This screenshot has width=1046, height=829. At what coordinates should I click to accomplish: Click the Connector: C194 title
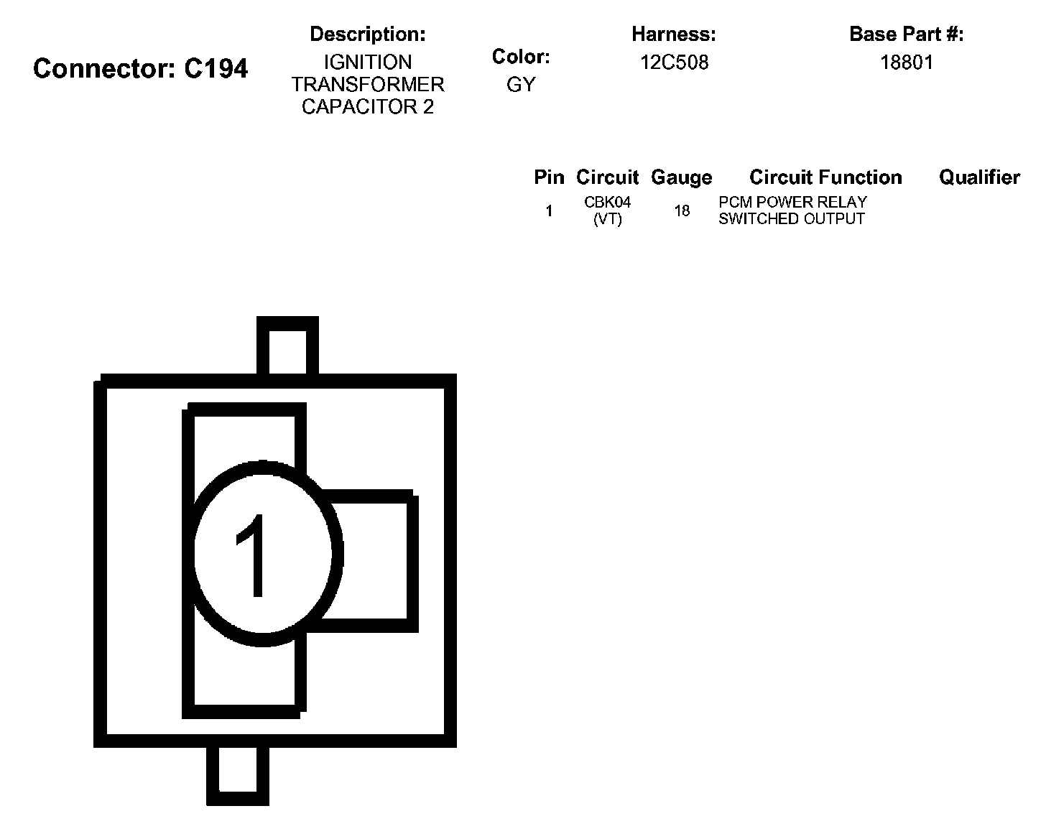(x=141, y=69)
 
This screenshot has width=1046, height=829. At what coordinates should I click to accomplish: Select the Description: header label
(x=367, y=34)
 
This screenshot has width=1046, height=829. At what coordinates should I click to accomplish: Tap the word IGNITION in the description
(x=367, y=62)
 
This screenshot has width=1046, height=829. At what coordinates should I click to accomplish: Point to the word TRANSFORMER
(x=367, y=85)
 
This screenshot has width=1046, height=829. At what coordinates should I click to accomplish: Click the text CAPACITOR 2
(x=367, y=107)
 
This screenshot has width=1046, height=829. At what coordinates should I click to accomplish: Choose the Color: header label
(x=521, y=57)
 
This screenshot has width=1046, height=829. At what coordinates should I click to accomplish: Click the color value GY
(x=521, y=85)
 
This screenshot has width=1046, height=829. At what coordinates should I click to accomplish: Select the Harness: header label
(x=673, y=34)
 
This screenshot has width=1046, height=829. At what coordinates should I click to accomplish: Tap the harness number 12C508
(x=674, y=62)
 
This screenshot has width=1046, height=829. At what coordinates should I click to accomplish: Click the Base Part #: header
(x=906, y=34)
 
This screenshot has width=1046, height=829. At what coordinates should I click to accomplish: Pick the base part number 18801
(x=907, y=62)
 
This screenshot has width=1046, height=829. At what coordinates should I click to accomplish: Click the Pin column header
(x=549, y=177)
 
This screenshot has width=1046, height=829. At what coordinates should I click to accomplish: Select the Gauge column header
(x=681, y=177)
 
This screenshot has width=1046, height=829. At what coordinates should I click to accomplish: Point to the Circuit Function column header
(x=825, y=177)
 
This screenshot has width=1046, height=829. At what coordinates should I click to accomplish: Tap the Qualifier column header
(x=979, y=177)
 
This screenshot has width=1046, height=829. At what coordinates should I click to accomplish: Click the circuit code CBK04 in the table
(x=607, y=203)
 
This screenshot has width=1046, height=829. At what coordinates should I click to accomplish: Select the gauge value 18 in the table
(x=682, y=210)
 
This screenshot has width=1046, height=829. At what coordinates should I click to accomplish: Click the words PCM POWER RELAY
(x=792, y=202)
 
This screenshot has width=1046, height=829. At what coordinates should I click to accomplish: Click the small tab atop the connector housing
(x=287, y=347)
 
